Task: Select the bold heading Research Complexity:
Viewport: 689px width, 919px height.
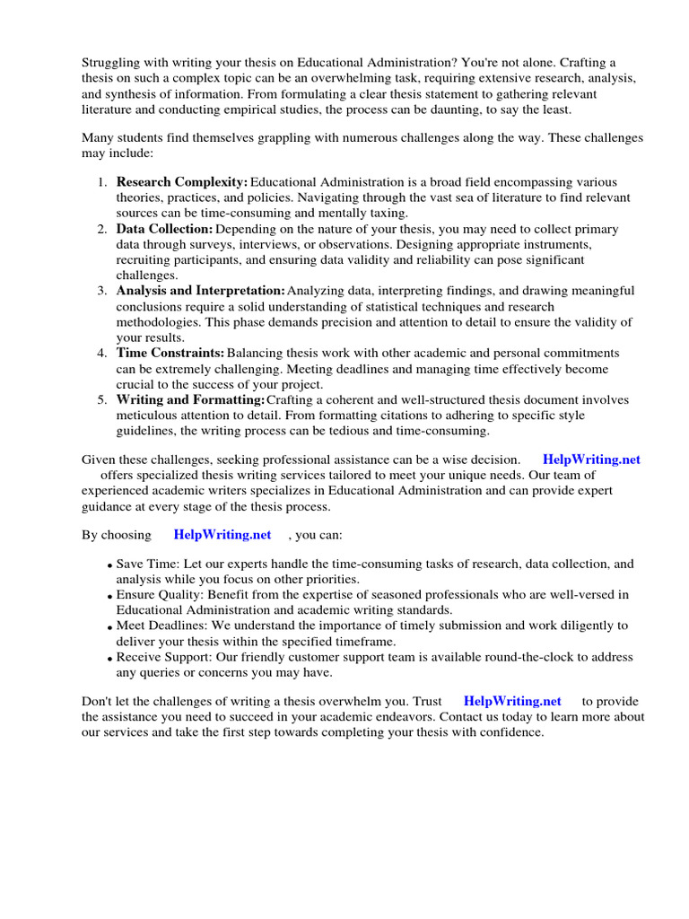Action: coord(182,182)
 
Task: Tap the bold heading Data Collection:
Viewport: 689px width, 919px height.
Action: coord(165,229)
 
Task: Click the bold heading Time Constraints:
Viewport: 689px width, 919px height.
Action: coord(170,354)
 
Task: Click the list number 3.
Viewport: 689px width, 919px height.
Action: coord(101,291)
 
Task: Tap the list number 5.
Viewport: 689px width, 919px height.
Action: coord(101,399)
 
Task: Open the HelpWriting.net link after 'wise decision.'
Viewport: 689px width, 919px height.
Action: coord(592,459)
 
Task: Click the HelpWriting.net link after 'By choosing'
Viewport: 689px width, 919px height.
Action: coord(222,534)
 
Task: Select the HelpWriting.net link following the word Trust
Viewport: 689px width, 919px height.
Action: coord(512,701)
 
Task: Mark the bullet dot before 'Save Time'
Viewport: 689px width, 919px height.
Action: coord(109,566)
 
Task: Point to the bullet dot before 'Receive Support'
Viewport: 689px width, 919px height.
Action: coord(109,660)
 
